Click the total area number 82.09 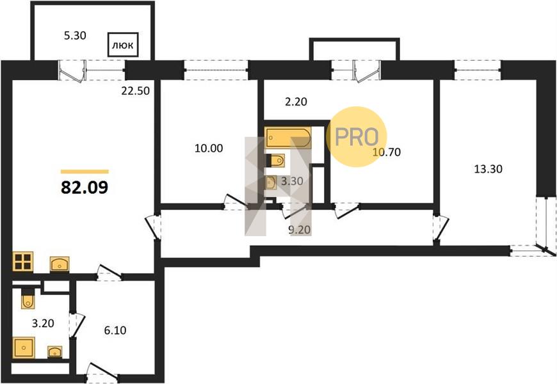tap(85, 188)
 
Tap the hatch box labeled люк tap(123, 45)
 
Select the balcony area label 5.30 tap(75, 36)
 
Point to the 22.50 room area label tap(135, 91)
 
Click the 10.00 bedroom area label tap(209, 148)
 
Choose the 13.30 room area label tap(488, 169)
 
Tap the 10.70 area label tap(387, 152)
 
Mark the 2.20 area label tap(296, 102)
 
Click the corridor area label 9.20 tap(300, 230)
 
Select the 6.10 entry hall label tap(115, 330)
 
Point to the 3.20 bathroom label tap(43, 323)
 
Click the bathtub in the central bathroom tap(287, 138)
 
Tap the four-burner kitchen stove tap(23, 262)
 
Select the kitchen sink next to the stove tap(60, 264)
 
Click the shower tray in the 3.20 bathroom tap(24, 348)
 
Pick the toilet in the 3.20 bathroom tap(28, 298)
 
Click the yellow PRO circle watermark tap(357, 137)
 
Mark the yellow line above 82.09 tap(85, 172)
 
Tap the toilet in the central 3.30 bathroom tap(276, 161)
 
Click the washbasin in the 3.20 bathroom tap(54, 351)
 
